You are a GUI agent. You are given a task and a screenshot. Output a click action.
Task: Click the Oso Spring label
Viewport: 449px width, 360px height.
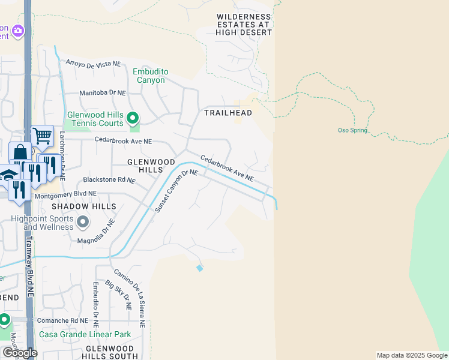(x=352, y=130)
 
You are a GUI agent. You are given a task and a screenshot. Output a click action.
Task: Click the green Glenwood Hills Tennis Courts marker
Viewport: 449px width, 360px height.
(x=133, y=118)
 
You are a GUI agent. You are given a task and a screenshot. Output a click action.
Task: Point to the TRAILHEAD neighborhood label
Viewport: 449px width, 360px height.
(x=228, y=113)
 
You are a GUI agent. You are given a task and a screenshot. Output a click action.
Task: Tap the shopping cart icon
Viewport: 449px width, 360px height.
(x=42, y=136)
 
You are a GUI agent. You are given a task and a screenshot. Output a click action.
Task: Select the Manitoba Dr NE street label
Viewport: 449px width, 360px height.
(x=103, y=93)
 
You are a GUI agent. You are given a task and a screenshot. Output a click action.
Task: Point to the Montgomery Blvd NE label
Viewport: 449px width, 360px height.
(x=58, y=194)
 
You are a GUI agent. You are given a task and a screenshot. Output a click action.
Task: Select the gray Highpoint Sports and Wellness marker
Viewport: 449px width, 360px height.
(x=83, y=223)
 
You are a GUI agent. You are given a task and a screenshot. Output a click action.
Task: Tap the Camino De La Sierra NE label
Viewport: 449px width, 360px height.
(x=128, y=297)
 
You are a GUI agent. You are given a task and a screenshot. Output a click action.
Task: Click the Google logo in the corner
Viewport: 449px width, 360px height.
(x=19, y=353)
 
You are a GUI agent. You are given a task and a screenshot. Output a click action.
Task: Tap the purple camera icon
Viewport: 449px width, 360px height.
(x=18, y=30)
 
